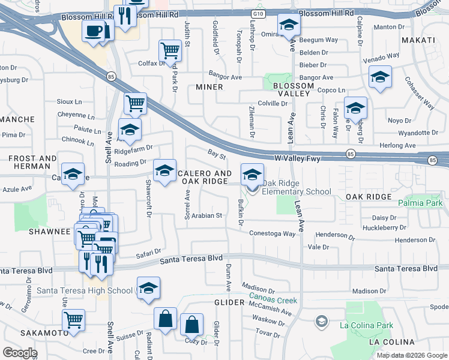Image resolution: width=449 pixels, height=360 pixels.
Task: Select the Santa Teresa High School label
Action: [x=85, y=291]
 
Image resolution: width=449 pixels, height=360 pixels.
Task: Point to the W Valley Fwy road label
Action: [x=297, y=158]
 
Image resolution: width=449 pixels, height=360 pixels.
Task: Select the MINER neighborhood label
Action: [x=209, y=87]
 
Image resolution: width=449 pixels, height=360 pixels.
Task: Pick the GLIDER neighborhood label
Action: [x=229, y=303]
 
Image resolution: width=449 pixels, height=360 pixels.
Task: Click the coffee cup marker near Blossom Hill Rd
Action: [x=92, y=31]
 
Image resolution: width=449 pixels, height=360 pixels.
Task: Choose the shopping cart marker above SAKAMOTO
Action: [x=74, y=320]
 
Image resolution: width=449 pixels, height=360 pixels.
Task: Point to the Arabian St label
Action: [x=207, y=215]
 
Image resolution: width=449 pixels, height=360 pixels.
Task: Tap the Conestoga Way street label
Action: [x=273, y=233]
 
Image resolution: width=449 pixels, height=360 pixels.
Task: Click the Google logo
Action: [x=20, y=353]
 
